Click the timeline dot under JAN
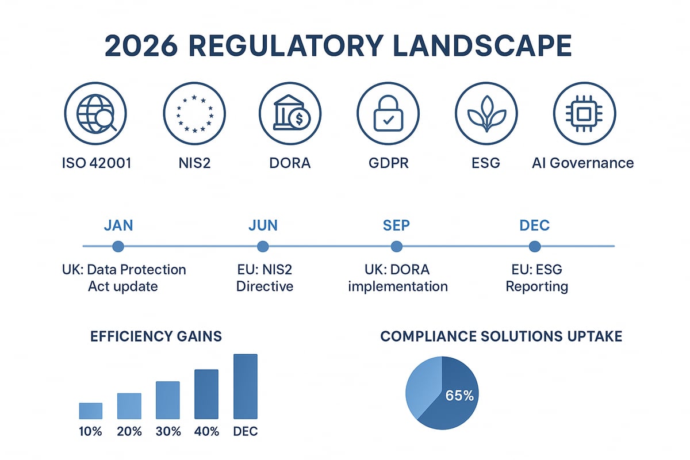point(118,247)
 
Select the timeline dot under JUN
point(263,247)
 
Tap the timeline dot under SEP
point(396,247)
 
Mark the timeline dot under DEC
point(535,247)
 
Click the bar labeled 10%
point(90,411)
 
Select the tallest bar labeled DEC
point(246,386)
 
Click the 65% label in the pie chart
point(459,395)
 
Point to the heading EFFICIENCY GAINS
point(156,336)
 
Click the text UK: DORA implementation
point(397,278)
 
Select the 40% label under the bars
point(206,431)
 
